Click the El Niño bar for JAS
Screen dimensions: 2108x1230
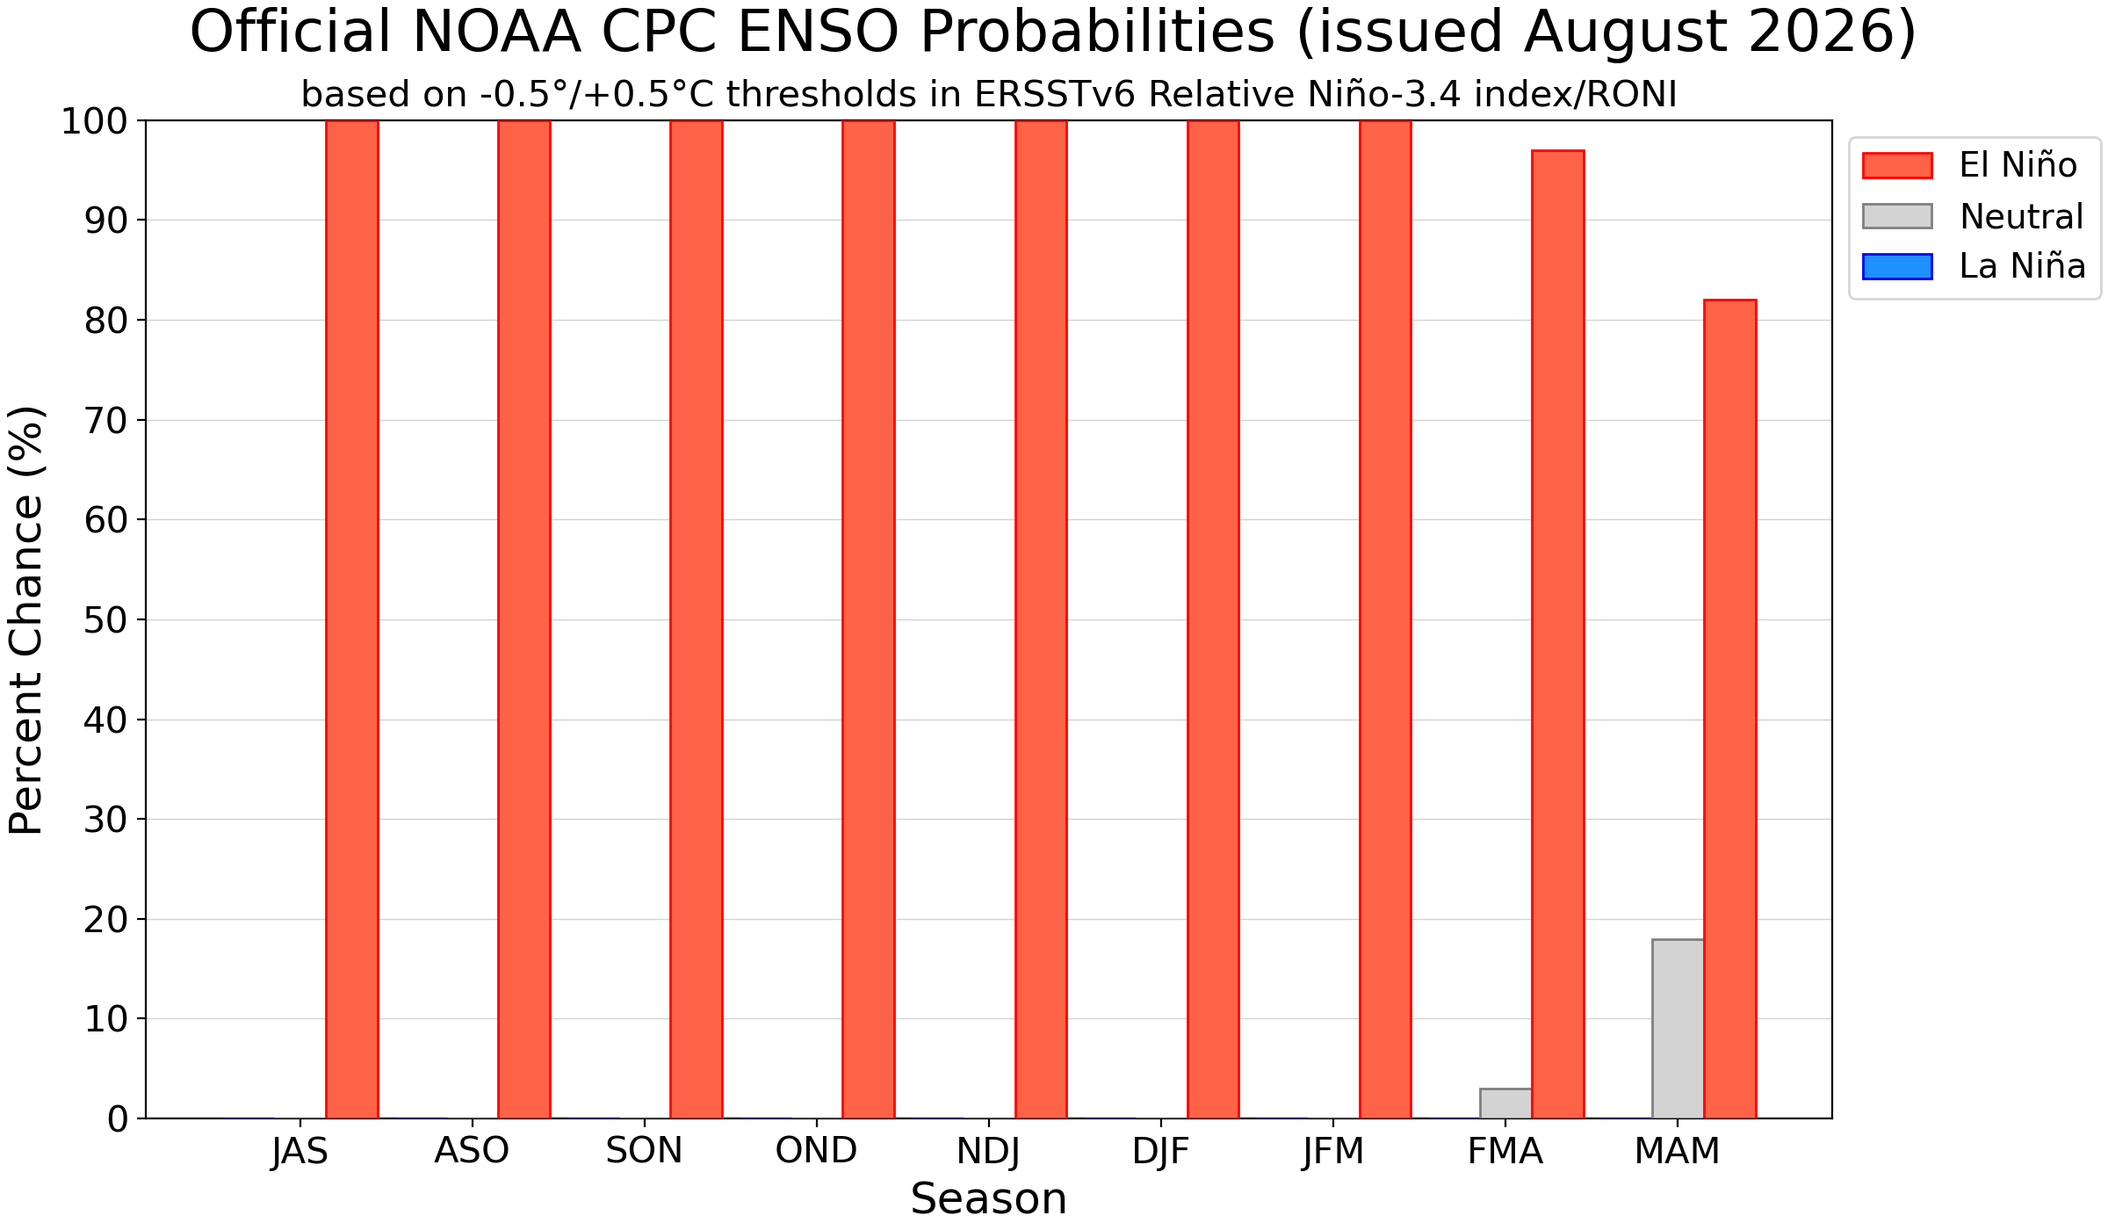351,619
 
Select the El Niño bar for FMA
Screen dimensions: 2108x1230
1558,634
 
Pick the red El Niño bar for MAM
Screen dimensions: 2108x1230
1730,709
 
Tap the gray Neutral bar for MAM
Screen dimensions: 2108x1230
1678,1029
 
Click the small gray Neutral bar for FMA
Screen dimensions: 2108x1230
1505,1103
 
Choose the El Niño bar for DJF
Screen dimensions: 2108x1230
1213,619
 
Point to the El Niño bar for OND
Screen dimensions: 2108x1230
869,619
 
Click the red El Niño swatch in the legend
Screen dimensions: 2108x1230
1897,165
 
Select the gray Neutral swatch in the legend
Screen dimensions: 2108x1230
1897,216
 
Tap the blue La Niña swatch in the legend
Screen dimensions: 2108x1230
1897,266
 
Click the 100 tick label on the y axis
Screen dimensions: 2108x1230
94,121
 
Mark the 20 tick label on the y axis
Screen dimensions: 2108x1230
106,919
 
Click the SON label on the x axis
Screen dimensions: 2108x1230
644,1151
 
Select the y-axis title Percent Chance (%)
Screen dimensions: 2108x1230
25,619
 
